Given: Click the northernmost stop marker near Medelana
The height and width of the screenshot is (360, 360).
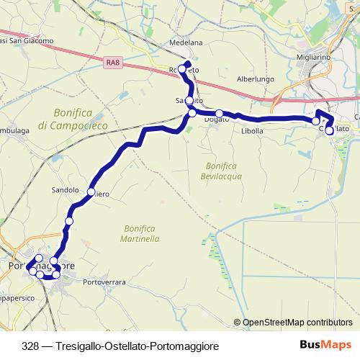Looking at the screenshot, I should tap(187, 66).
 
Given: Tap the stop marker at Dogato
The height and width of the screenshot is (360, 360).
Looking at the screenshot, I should tap(220, 113).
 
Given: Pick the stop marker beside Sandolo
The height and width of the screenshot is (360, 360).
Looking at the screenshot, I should tap(91, 192).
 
